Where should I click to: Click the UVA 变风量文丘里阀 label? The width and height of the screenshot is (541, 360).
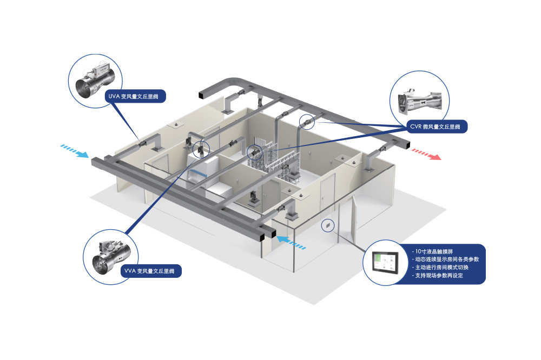point(135,97)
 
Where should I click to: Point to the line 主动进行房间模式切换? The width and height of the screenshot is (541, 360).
point(441,268)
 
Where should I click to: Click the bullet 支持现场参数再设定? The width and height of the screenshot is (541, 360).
point(438,275)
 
